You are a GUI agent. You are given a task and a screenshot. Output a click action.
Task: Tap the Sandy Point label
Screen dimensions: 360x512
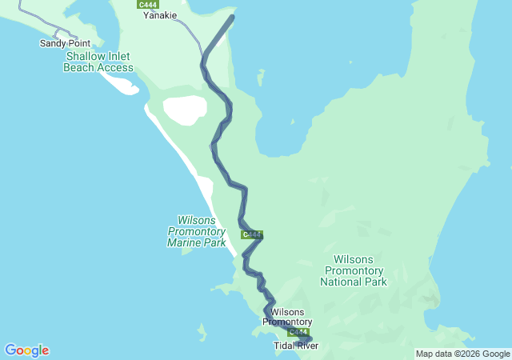(x=65, y=43)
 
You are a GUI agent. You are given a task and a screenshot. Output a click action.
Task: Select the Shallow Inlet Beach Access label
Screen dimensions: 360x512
(x=98, y=62)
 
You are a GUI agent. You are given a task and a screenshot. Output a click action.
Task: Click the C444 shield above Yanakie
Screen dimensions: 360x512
(x=147, y=4)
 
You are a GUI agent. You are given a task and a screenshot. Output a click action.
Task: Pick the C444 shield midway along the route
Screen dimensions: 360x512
(x=252, y=234)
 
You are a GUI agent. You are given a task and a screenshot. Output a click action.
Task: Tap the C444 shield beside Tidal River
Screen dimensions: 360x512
(x=298, y=332)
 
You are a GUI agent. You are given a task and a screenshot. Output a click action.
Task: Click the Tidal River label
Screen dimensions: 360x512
(x=296, y=346)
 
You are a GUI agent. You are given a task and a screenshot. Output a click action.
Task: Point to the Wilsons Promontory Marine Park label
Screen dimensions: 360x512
(x=197, y=230)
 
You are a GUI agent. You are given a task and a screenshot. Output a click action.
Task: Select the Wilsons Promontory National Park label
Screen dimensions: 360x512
(x=353, y=270)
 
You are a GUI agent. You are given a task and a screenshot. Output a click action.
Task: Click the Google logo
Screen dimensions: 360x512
(x=26, y=350)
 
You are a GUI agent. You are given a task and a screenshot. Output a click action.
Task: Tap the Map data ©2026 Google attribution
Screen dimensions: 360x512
(x=462, y=354)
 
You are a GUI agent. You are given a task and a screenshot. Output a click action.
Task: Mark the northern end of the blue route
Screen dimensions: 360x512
(x=233, y=17)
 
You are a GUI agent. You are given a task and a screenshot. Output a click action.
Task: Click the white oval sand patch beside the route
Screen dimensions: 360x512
(x=185, y=110)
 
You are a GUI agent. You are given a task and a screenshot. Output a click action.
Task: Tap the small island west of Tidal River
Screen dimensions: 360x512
(x=202, y=329)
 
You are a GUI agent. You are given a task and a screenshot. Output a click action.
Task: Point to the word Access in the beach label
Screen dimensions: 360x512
(x=116, y=68)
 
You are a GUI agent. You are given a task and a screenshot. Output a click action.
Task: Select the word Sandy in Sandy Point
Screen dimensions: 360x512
(x=53, y=43)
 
